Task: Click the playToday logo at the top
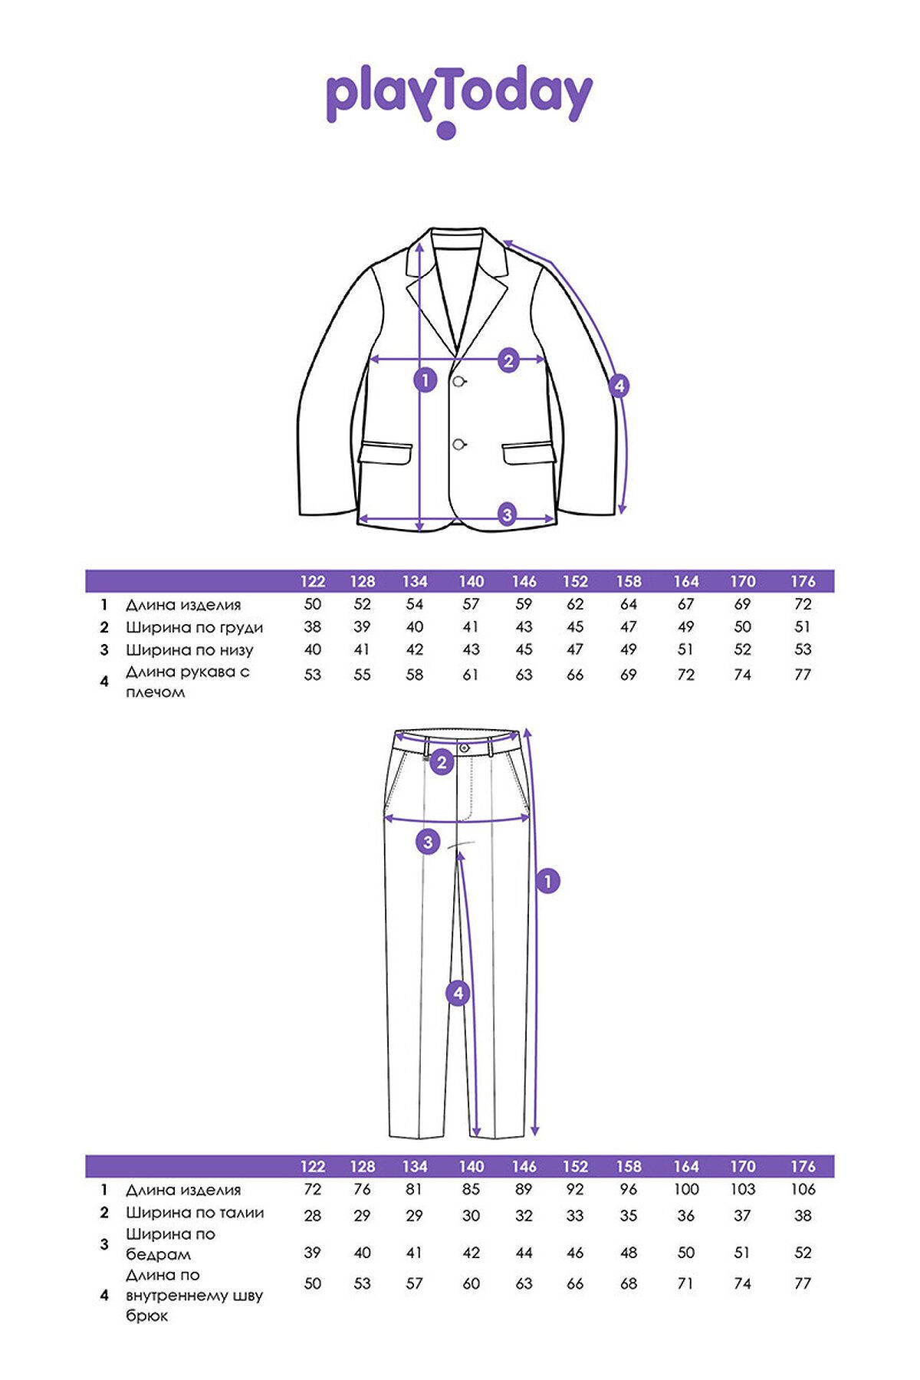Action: coord(459,100)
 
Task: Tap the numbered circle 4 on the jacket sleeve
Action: coord(619,386)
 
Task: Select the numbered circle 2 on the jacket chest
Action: coord(508,360)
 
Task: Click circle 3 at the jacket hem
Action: coord(507,514)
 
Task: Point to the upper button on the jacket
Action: coord(459,381)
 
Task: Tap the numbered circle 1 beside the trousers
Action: coord(547,881)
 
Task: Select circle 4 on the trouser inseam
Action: coord(458,994)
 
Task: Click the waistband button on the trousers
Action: coord(464,747)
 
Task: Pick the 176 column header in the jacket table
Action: coord(803,581)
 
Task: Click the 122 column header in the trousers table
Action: coord(313,1166)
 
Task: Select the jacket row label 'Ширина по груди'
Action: coord(195,628)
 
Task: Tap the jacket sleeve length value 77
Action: coord(803,675)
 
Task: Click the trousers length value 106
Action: coord(803,1189)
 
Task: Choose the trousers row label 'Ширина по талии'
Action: coord(195,1213)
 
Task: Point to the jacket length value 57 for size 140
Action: coord(471,604)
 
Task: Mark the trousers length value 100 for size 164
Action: coord(686,1189)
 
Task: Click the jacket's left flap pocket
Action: coord(386,452)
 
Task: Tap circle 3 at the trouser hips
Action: coord(428,842)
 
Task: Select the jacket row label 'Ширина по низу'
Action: coord(189,651)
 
